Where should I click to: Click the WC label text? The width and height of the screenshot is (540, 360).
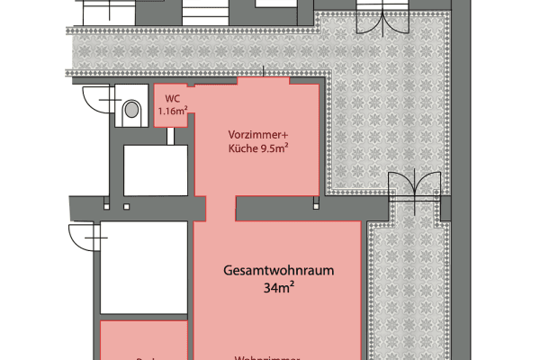click(172, 100)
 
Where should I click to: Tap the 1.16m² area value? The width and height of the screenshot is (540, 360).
click(172, 112)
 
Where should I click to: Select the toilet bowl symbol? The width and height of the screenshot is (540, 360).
click(132, 110)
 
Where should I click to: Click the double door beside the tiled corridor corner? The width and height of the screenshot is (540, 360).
click(414, 189)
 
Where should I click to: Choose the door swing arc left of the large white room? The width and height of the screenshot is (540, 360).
click(83, 238)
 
